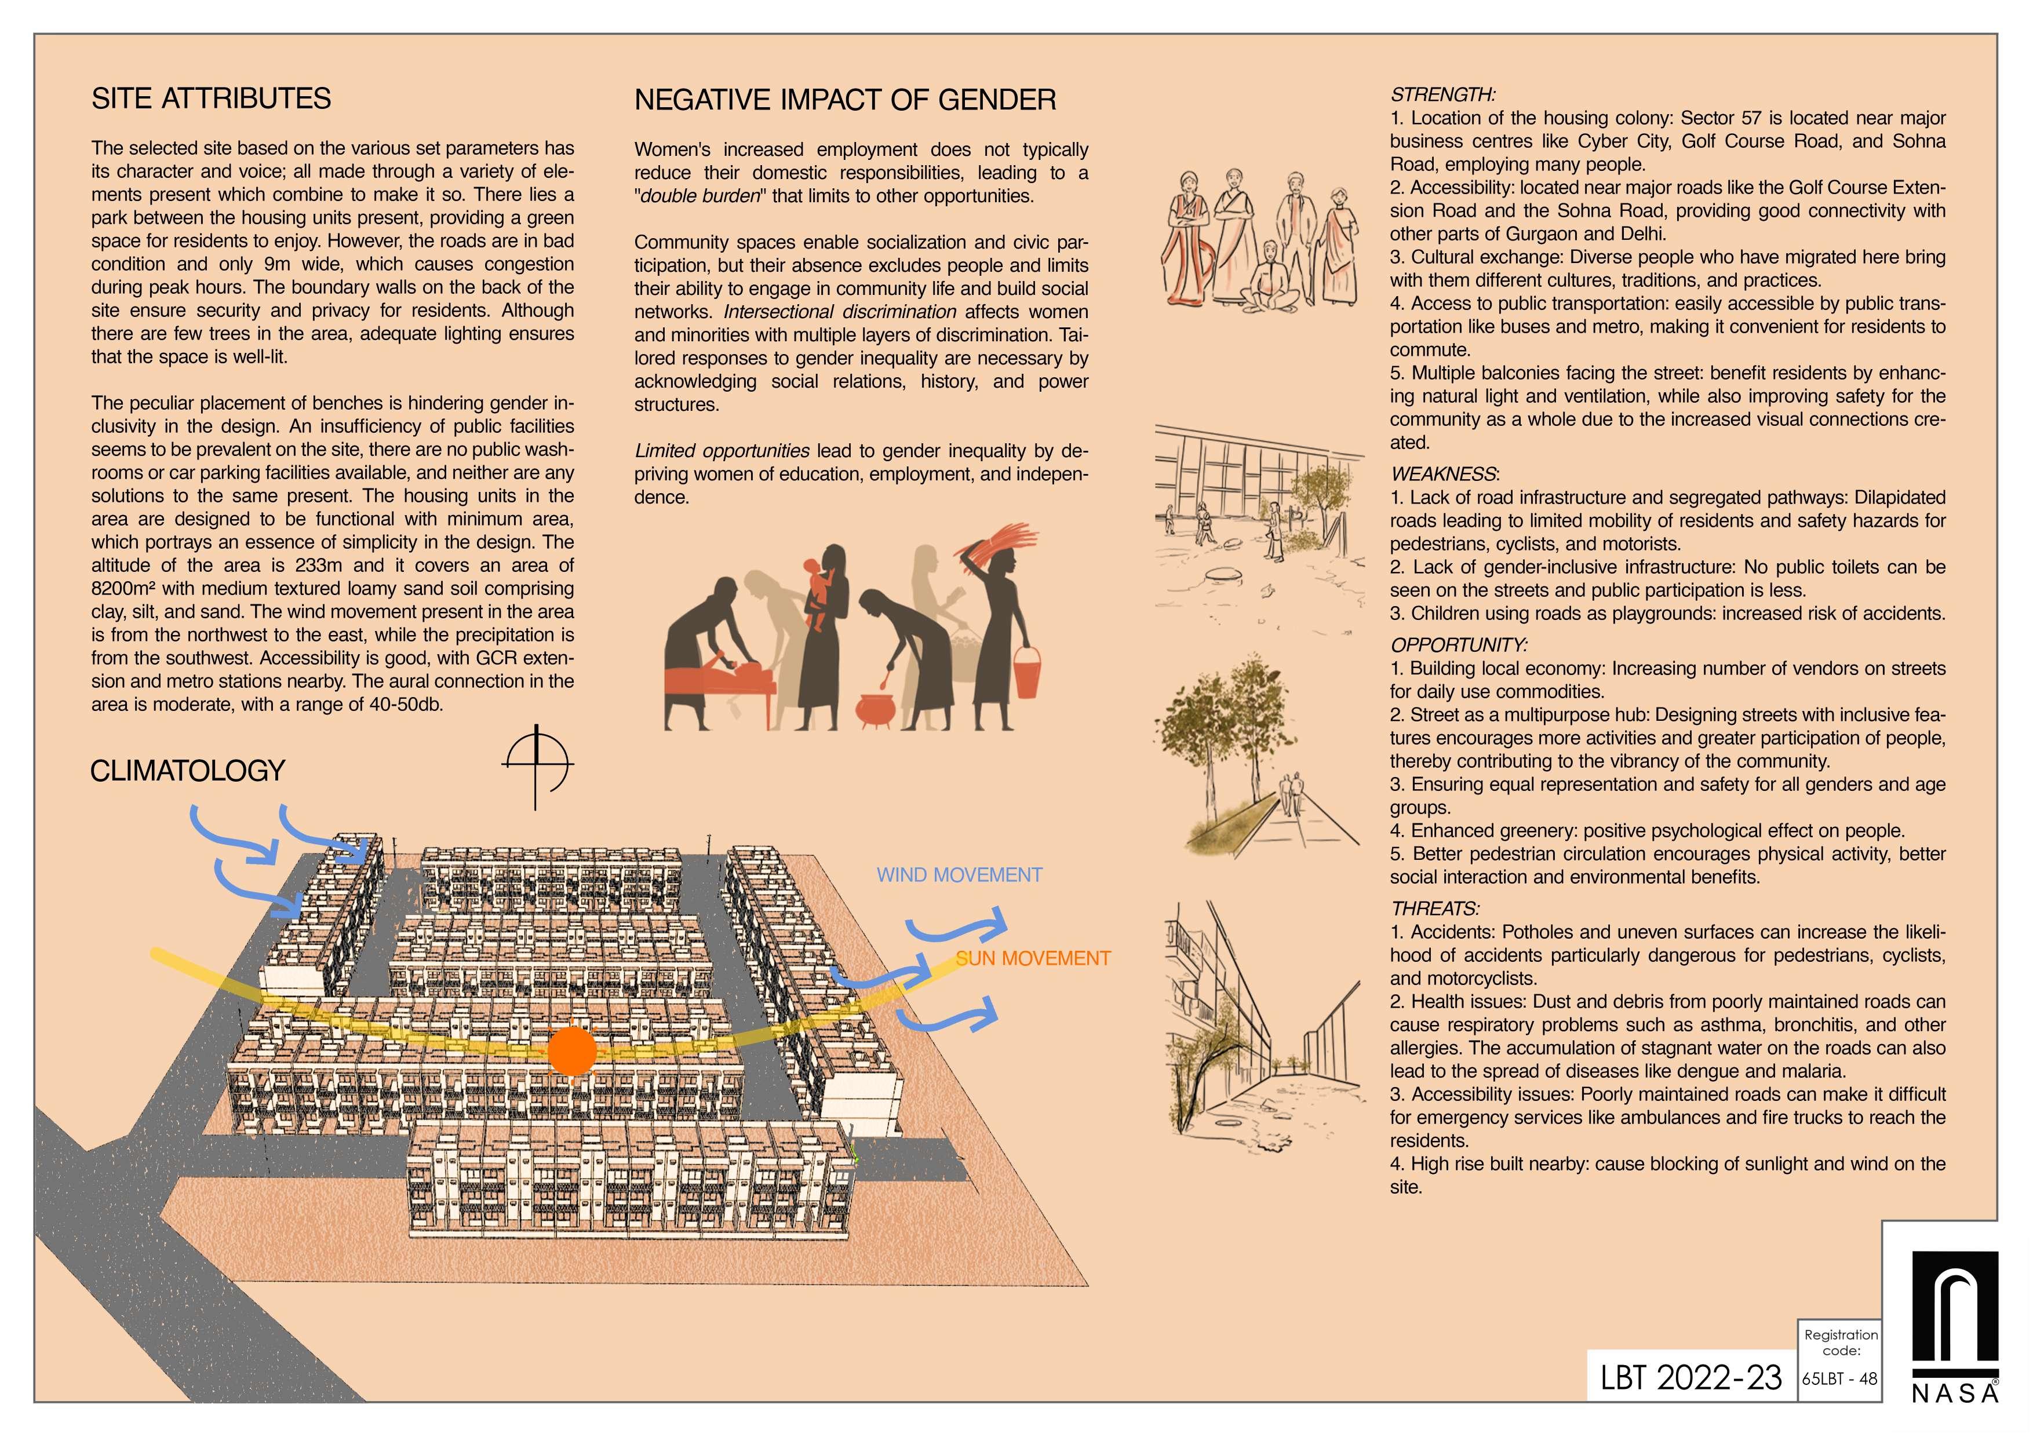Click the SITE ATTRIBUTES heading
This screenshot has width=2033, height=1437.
[211, 99]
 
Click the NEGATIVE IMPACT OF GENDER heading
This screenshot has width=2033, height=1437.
[845, 100]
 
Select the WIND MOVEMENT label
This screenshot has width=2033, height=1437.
[959, 875]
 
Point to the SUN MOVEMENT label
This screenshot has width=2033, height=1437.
[1033, 958]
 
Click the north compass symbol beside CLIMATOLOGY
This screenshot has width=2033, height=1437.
[537, 766]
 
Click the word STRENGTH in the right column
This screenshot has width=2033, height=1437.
[1441, 94]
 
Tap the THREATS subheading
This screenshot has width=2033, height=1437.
[1434, 909]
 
